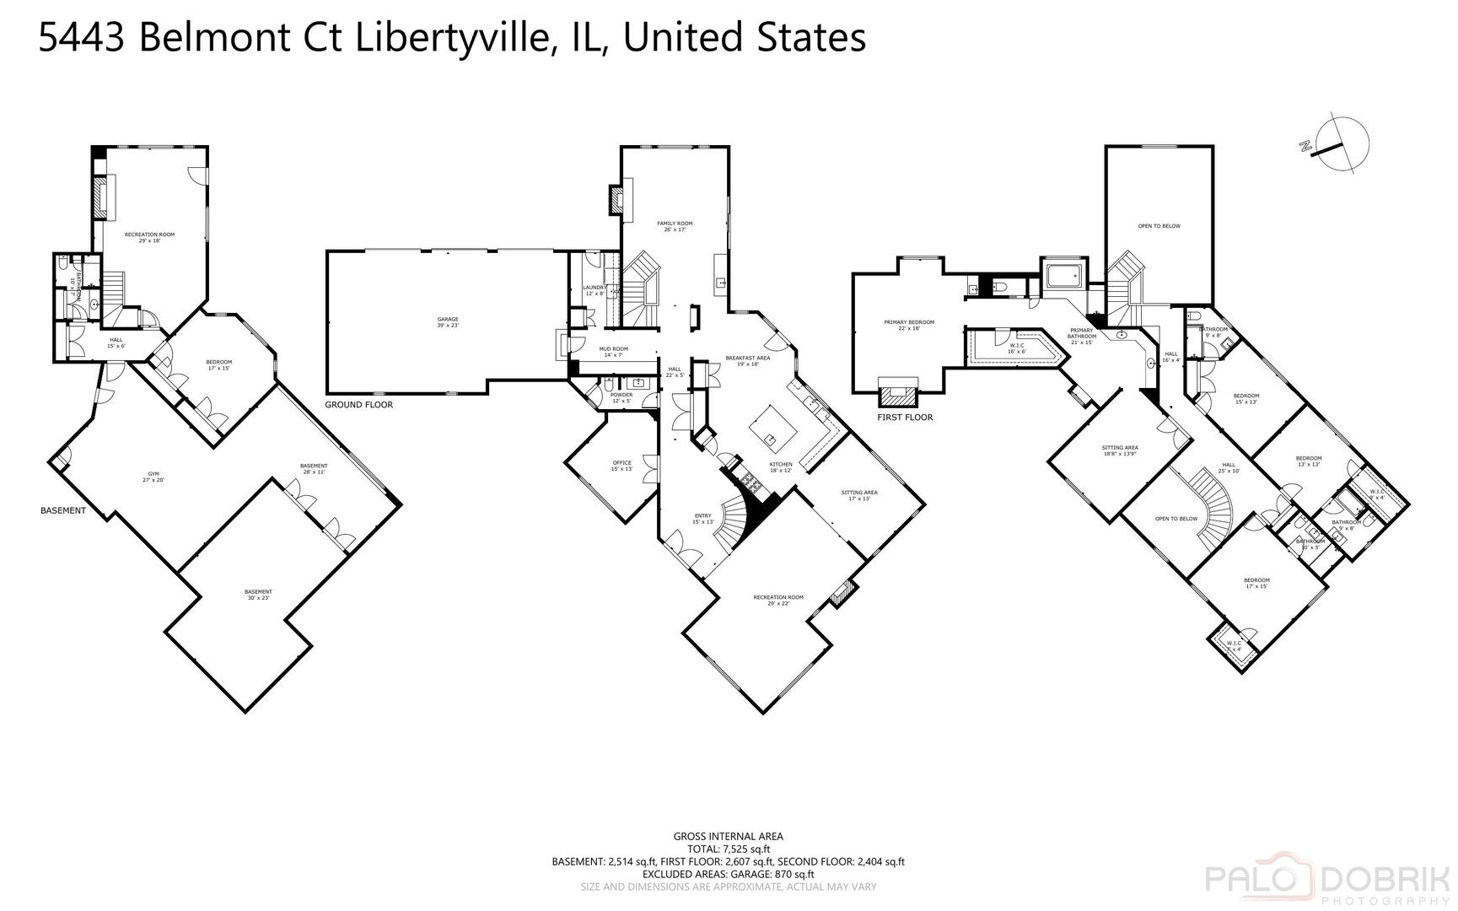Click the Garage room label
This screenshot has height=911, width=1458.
448,322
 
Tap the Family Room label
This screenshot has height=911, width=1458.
675,226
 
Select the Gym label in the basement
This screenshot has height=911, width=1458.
153,477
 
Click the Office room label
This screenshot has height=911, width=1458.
622,466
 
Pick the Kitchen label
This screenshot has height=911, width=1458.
781,467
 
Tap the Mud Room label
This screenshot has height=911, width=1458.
614,352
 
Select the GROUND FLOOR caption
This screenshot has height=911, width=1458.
358,405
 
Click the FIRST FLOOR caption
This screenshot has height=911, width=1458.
905,417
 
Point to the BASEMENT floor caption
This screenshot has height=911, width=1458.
63,510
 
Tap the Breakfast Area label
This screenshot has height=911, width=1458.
747,361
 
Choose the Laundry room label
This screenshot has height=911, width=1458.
594,290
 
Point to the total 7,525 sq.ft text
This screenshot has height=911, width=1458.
729,849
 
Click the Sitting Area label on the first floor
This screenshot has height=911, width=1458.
1120,450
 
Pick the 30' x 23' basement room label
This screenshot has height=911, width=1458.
259,595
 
